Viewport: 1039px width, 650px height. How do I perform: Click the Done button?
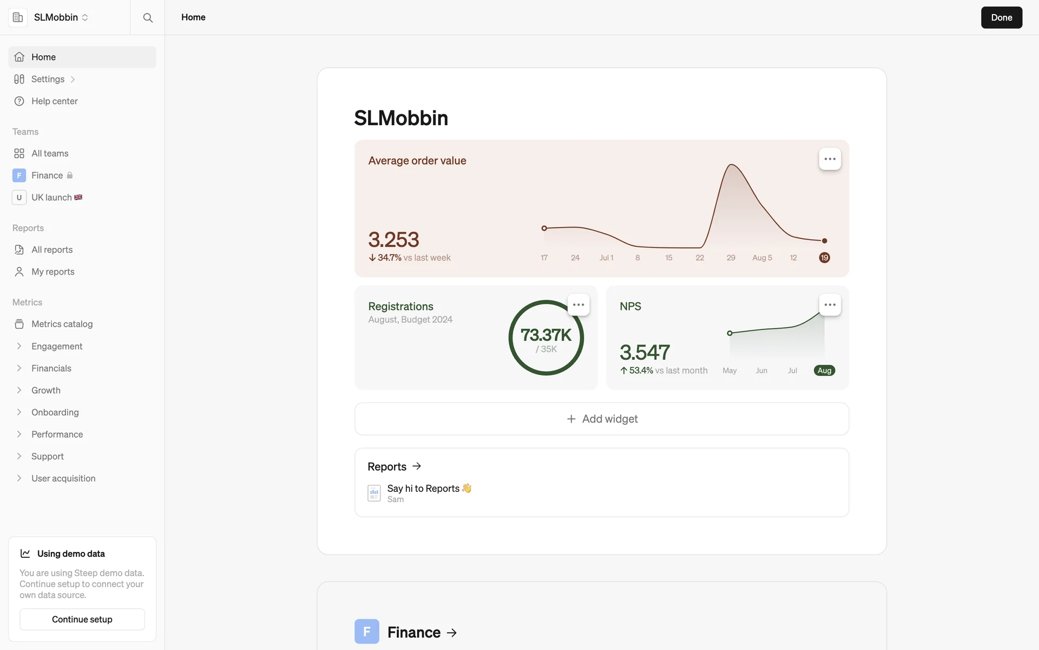[x=1001, y=17]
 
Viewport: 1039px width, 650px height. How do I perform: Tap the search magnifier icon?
[x=148, y=17]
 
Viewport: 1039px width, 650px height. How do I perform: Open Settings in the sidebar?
[x=48, y=79]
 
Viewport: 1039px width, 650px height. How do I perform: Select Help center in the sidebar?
[x=54, y=101]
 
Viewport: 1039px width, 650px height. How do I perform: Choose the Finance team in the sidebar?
[x=47, y=175]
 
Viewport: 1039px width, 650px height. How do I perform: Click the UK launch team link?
[x=51, y=198]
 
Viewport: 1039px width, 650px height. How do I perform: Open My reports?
[x=52, y=272]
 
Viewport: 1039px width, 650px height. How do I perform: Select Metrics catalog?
[x=62, y=324]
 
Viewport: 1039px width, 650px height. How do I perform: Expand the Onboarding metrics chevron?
[x=19, y=412]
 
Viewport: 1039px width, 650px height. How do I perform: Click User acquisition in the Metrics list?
[x=63, y=478]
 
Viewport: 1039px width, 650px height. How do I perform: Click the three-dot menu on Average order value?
[x=830, y=159]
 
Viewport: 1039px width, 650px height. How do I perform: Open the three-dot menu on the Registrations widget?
[x=578, y=305]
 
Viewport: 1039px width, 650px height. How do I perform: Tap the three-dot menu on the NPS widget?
[x=830, y=305]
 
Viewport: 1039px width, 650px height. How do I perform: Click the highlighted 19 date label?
[x=824, y=258]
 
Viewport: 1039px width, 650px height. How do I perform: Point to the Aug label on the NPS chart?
[x=824, y=370]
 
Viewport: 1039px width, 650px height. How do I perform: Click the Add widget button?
[x=601, y=419]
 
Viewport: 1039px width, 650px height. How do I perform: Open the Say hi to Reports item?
[x=423, y=489]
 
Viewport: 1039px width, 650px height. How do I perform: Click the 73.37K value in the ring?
[x=545, y=335]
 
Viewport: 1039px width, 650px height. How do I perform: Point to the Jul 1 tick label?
[x=606, y=258]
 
